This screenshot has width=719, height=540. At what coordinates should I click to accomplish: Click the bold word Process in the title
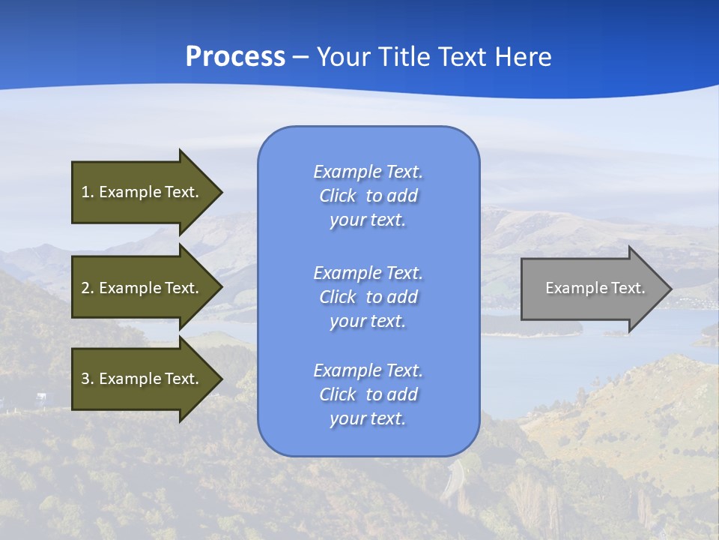click(x=235, y=57)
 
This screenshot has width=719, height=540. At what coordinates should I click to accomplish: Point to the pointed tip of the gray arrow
click(x=670, y=289)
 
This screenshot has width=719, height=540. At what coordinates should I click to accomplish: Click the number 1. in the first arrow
click(x=87, y=192)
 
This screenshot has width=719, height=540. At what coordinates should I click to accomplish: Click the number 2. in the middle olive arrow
click(x=87, y=288)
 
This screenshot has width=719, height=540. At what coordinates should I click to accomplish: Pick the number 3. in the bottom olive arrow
click(x=87, y=379)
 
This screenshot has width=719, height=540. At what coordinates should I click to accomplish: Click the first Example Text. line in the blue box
click(x=368, y=172)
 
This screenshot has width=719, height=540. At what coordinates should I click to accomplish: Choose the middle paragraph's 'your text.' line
click(x=368, y=321)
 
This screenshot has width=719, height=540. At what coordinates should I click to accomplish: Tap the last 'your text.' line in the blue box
click(x=368, y=418)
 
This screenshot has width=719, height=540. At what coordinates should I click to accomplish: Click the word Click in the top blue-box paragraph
click(x=338, y=196)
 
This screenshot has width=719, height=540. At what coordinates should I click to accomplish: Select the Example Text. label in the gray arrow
click(x=595, y=288)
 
